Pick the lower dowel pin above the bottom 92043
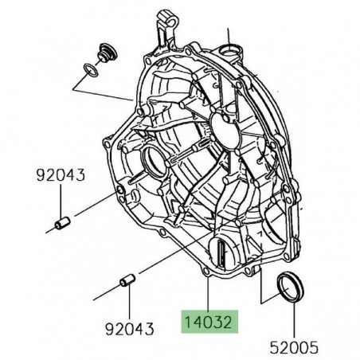[126, 283]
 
